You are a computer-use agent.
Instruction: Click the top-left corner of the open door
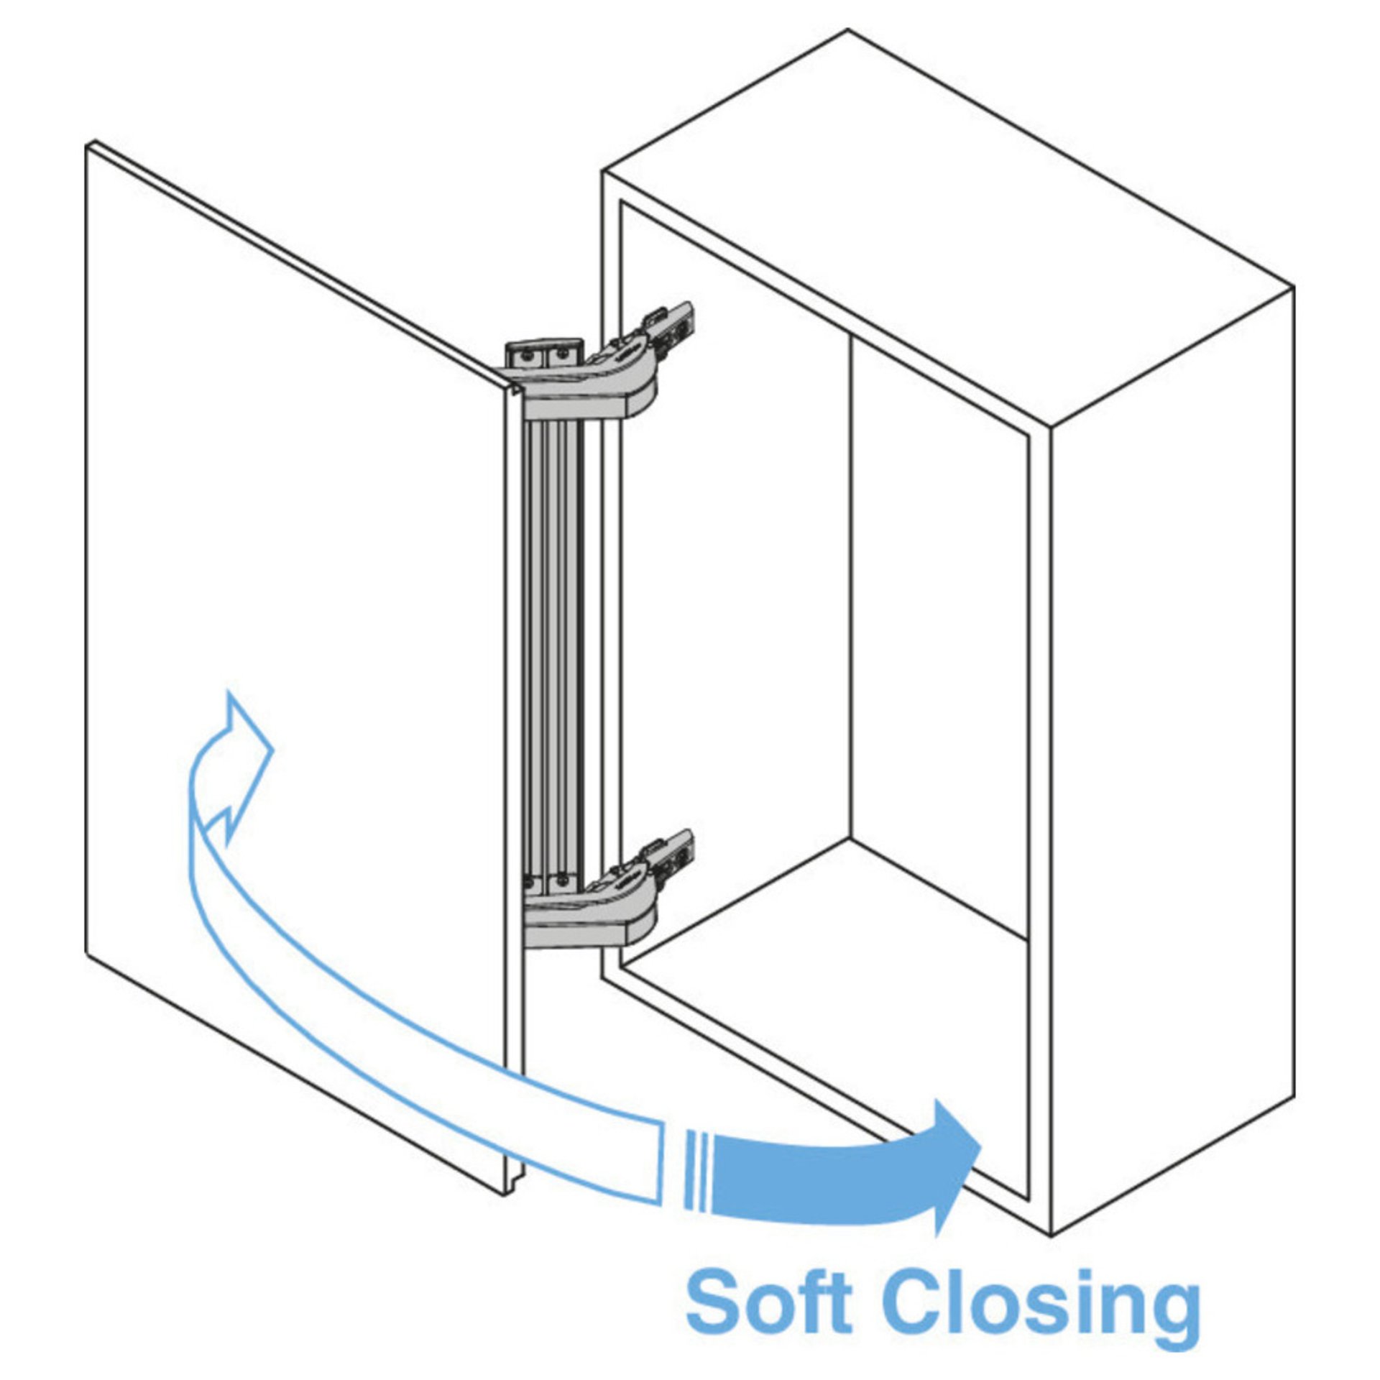point(89,146)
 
